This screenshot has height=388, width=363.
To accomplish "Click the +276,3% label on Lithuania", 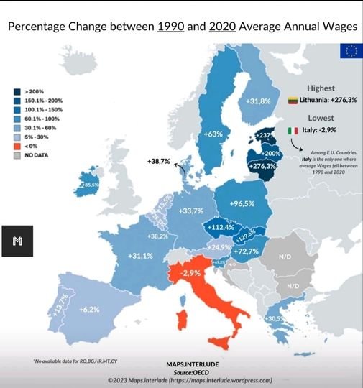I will click(x=262, y=166).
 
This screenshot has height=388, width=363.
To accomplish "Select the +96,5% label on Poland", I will click(x=242, y=204).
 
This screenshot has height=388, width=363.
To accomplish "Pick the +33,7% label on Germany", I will click(x=190, y=211).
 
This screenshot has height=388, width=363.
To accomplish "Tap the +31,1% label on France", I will click(x=141, y=255).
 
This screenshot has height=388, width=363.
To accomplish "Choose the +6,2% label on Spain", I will click(x=88, y=309).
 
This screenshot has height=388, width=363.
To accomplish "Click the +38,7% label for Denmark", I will click(x=158, y=162).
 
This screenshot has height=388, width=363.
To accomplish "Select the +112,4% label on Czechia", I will click(x=221, y=227).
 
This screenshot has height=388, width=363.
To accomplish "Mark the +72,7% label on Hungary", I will click(x=247, y=251).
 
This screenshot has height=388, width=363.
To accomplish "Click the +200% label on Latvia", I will click(x=272, y=153).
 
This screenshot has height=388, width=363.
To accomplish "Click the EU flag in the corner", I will click(x=351, y=51).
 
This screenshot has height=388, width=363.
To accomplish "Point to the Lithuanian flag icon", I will click(x=293, y=100).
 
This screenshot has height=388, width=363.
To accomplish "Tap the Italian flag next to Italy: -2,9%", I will click(x=293, y=131).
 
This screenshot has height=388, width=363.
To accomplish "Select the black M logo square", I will click(x=18, y=241).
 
